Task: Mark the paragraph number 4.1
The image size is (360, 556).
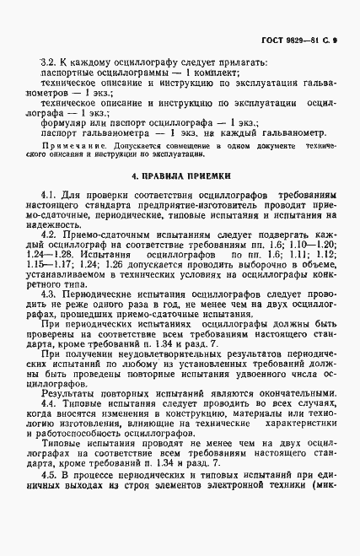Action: point(48,195)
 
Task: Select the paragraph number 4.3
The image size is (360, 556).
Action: point(48,316)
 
